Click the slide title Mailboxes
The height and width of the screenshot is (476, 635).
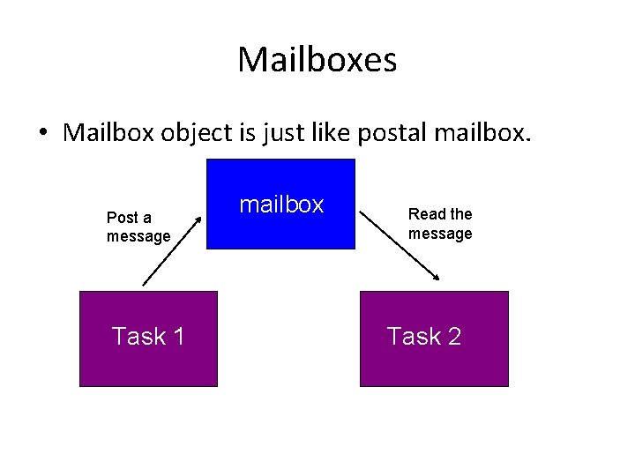[x=317, y=60]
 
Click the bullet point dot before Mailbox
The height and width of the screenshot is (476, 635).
[x=42, y=133]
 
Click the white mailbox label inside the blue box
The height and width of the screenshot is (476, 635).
[x=281, y=205]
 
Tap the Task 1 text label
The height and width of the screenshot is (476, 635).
[x=148, y=336]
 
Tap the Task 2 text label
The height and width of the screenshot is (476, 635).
[x=424, y=336]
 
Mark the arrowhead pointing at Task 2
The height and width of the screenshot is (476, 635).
[x=436, y=279]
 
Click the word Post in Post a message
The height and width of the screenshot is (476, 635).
[x=122, y=218]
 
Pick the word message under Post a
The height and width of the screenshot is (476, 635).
[x=138, y=236]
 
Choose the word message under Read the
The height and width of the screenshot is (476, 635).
[x=440, y=234]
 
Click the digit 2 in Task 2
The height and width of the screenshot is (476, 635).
[x=453, y=336]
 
